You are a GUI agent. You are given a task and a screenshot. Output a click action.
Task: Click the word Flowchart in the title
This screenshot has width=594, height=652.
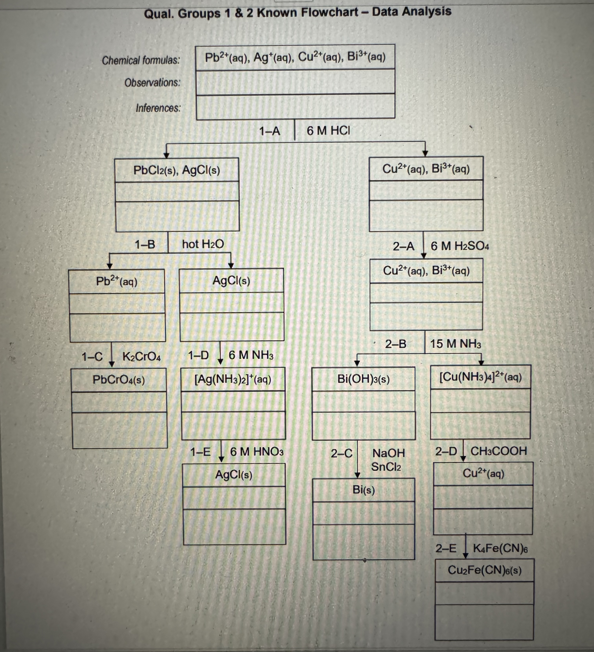pyautogui.click(x=330, y=13)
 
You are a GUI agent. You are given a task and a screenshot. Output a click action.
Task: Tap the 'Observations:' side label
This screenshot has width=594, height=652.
pyautogui.click(x=152, y=83)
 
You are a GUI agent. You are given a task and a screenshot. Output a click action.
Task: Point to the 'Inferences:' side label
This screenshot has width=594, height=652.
pyautogui.click(x=158, y=108)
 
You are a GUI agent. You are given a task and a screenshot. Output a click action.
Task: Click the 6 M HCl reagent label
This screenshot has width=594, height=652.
pyautogui.click(x=328, y=131)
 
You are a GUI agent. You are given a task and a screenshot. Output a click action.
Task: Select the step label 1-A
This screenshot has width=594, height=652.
pyautogui.click(x=270, y=131)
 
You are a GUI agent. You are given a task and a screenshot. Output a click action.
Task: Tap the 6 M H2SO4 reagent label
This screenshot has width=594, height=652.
pyautogui.click(x=459, y=246)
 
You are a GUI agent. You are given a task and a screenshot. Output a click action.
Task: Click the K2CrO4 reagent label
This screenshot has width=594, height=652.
pyautogui.click(x=141, y=356)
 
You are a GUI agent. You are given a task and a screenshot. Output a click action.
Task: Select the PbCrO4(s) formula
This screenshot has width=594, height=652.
pyautogui.click(x=119, y=379)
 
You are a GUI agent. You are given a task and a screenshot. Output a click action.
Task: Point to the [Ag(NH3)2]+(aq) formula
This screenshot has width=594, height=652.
pyautogui.click(x=233, y=379)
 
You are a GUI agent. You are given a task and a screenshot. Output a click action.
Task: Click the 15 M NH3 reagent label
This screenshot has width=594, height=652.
pyautogui.click(x=455, y=344)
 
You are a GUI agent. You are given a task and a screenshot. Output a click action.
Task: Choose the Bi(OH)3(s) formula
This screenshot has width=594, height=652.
pyautogui.click(x=363, y=379)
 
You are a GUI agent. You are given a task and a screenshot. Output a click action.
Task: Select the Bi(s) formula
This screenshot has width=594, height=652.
pyautogui.click(x=363, y=490)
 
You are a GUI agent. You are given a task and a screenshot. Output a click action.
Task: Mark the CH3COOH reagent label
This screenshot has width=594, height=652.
pyautogui.click(x=498, y=451)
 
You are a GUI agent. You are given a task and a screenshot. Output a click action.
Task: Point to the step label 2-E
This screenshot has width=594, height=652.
pyautogui.click(x=445, y=548)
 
